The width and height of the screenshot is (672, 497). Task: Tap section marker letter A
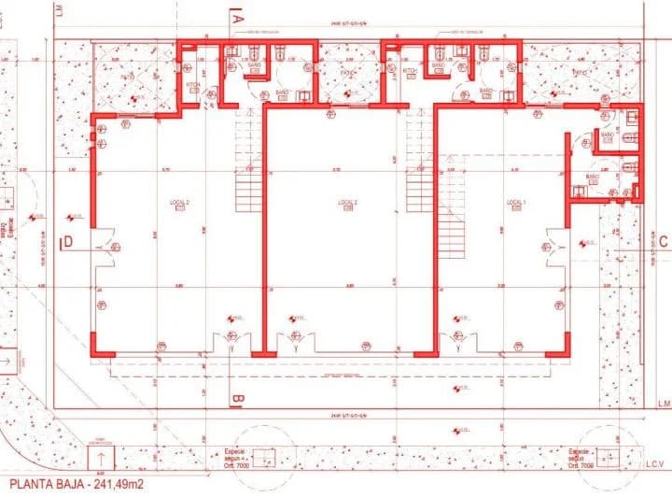237,17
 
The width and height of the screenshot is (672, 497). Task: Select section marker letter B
237,401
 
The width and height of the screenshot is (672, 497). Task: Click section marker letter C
663,241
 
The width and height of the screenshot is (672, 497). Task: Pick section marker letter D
68,243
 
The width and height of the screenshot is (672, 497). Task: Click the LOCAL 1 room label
516,203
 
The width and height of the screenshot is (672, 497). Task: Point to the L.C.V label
651,463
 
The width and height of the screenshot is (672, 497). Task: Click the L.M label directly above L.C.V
661,404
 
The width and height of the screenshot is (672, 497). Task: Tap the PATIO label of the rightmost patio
580,73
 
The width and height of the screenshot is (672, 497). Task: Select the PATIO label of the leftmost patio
322,73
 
